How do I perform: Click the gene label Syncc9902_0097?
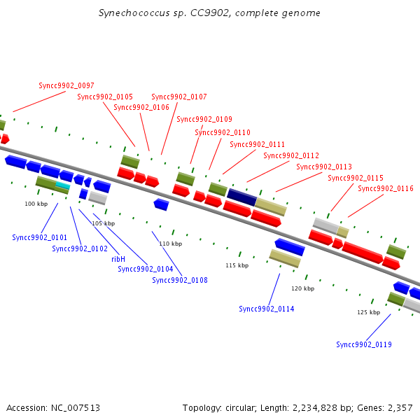tap(66, 85)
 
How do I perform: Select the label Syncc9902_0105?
tap(105, 97)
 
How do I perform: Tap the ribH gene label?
tap(118, 259)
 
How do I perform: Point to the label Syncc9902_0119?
tap(364, 344)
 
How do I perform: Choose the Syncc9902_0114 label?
tap(267, 309)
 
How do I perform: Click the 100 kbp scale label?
tap(36, 204)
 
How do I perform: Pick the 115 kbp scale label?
tap(237, 265)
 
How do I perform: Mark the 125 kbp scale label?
tap(369, 312)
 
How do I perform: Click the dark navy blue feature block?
tap(242, 197)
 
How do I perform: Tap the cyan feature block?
tap(63, 185)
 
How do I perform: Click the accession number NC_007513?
tap(76, 408)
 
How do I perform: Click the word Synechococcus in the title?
tap(134, 13)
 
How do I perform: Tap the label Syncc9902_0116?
tap(386, 188)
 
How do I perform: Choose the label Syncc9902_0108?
tap(180, 280)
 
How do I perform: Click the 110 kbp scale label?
tap(171, 244)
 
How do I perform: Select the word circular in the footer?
tap(241, 408)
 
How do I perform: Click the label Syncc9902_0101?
tap(40, 237)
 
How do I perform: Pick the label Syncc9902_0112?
tap(291, 155)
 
